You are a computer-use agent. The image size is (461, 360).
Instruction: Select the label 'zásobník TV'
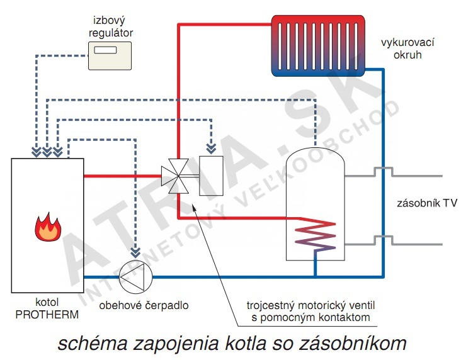click(x=422, y=203)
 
